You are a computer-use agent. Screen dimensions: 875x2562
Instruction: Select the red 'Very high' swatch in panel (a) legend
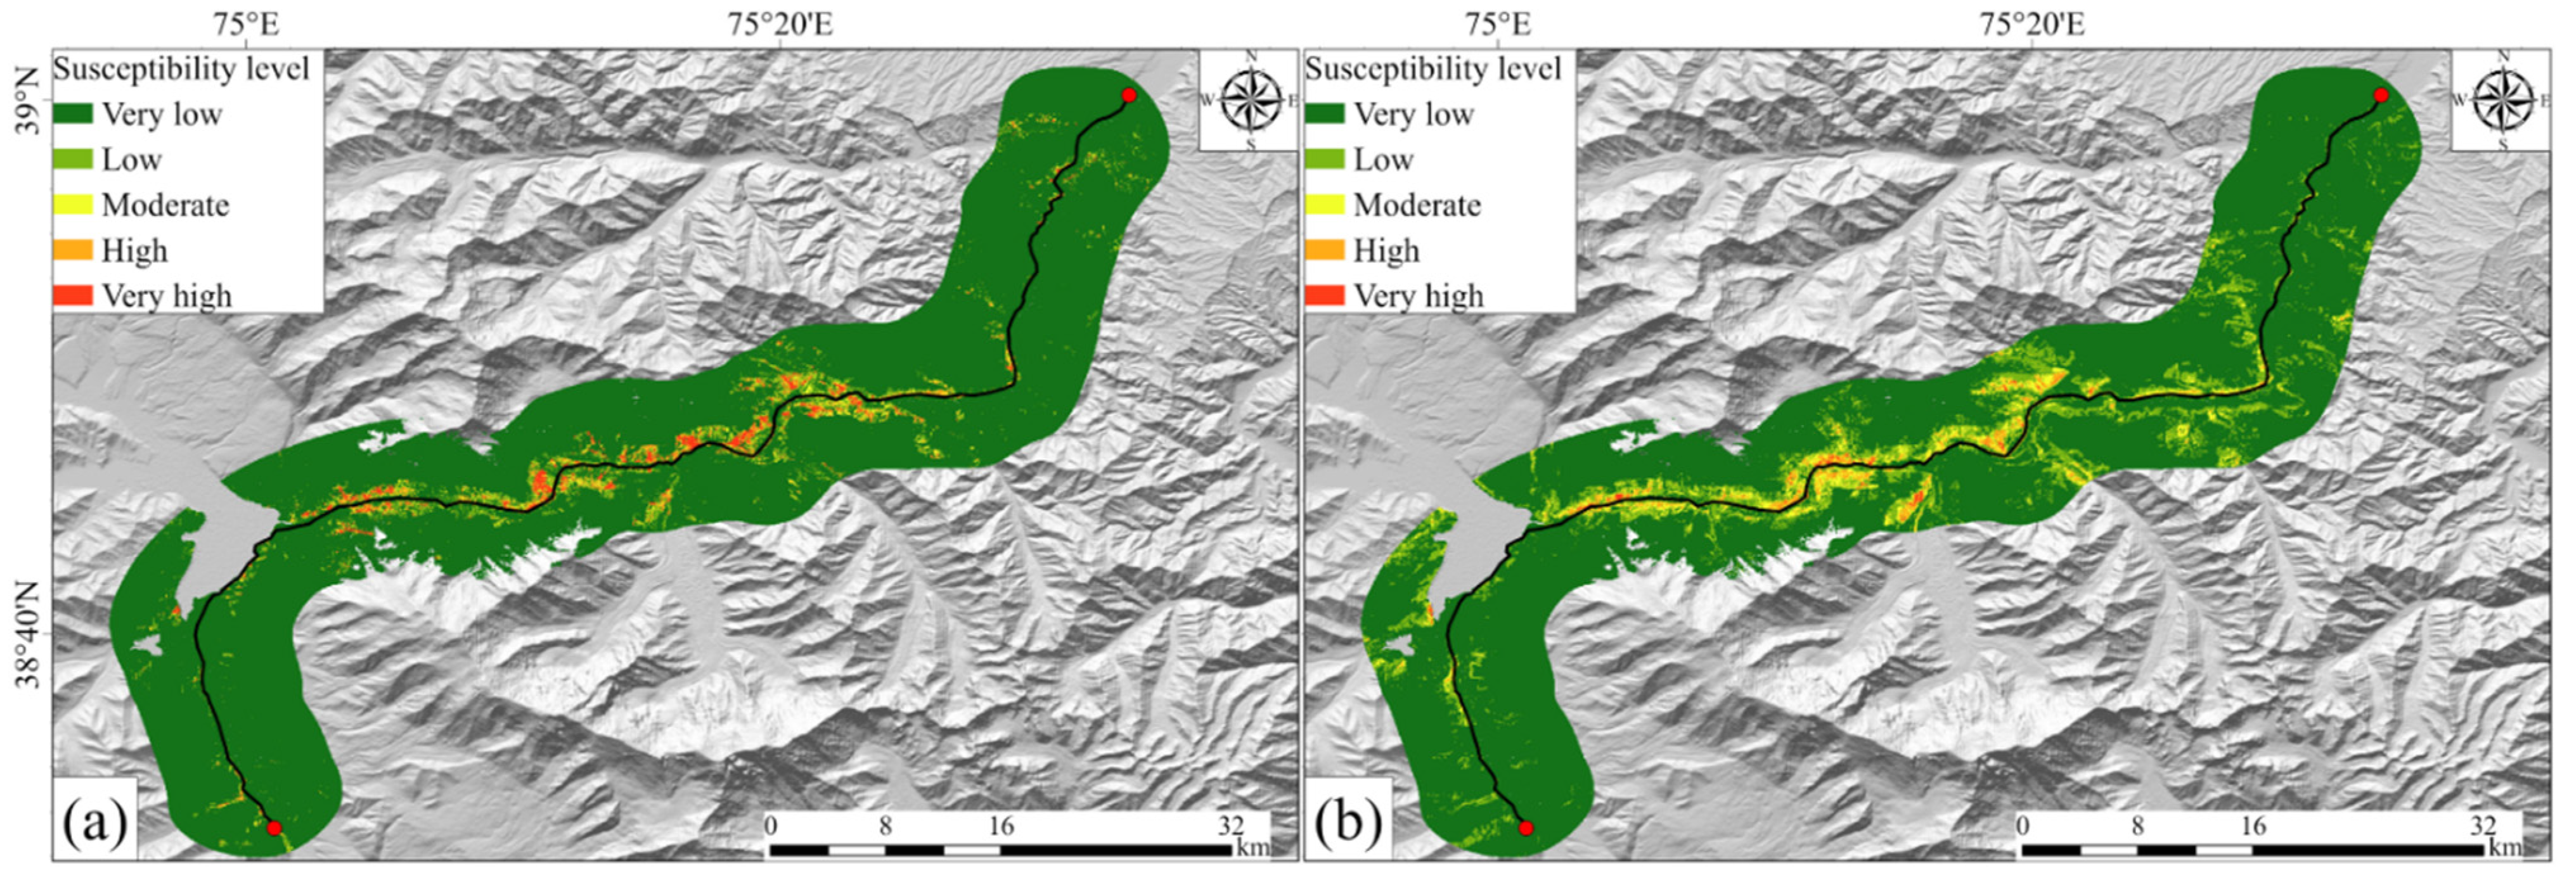coord(73,295)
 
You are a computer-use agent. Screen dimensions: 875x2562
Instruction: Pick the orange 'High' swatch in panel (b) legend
coord(1325,250)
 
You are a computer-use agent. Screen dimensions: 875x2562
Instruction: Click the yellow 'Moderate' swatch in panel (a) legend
coord(73,205)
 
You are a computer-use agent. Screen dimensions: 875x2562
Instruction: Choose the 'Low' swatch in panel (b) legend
coord(1325,159)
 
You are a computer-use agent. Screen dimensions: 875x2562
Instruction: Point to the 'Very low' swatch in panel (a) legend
coord(73,113)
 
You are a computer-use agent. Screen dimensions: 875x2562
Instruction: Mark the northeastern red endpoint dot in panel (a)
coord(1128,96)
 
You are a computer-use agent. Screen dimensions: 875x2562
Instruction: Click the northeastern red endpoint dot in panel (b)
coord(2380,96)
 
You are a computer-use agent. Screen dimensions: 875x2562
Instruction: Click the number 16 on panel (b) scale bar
coord(2253,826)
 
